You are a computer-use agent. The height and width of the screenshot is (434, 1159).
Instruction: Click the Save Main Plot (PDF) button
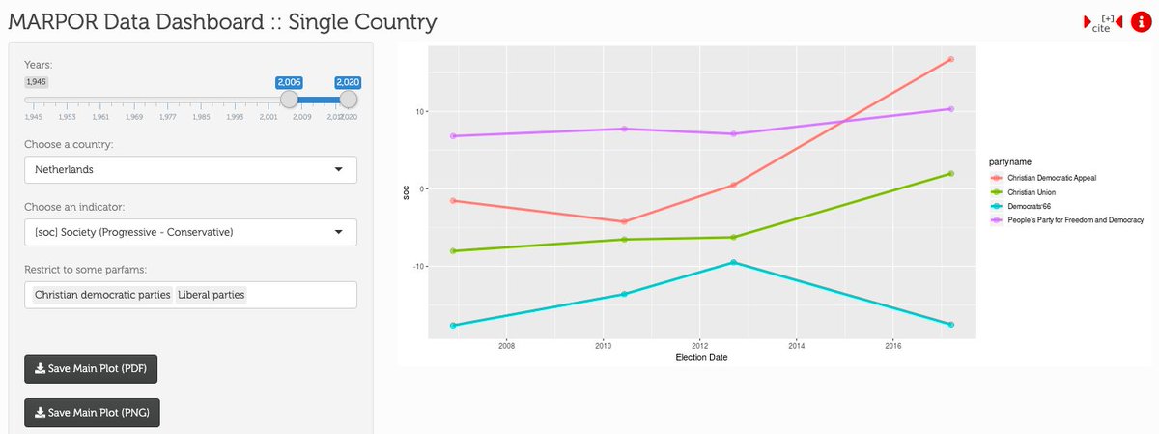coord(91,369)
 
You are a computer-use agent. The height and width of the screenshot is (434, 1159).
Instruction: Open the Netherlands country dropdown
coord(190,169)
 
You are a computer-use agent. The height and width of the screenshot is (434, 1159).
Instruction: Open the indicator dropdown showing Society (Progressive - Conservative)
coord(190,232)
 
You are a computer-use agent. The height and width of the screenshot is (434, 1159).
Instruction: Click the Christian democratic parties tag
coord(102,294)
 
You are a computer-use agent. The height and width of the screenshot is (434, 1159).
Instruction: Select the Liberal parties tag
coord(212,294)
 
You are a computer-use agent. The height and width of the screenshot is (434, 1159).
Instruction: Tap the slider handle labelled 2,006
coord(289,99)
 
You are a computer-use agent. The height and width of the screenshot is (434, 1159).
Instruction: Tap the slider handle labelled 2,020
coord(349,99)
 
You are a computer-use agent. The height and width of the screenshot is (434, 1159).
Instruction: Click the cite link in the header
coord(1102,25)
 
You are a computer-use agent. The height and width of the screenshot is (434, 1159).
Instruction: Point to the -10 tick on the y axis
coord(418,266)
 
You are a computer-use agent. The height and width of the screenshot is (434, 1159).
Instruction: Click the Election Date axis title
coord(701,357)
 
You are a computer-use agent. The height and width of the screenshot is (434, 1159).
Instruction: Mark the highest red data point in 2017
coord(951,59)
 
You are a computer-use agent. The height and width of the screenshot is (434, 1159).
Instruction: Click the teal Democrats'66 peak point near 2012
coord(733,262)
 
